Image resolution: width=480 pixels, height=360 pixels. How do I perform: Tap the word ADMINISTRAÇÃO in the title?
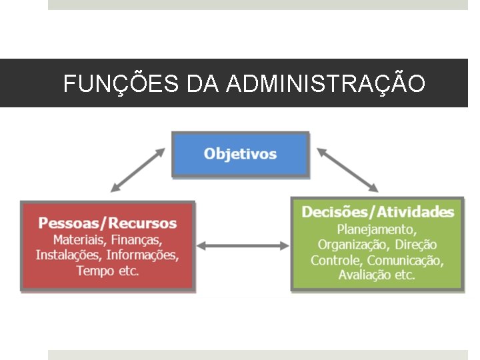click(326, 83)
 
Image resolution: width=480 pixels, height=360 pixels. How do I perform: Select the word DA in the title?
click(202, 84)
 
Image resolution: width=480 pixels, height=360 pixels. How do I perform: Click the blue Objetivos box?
click(240, 154)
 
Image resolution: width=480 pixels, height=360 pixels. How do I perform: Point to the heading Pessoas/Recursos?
click(107, 223)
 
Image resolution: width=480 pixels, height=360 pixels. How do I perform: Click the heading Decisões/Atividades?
click(377, 212)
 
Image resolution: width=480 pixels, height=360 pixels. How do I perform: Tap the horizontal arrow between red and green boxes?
click(243, 246)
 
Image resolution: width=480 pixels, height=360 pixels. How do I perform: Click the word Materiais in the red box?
click(80, 239)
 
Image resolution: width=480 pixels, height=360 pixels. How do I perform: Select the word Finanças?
click(137, 239)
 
